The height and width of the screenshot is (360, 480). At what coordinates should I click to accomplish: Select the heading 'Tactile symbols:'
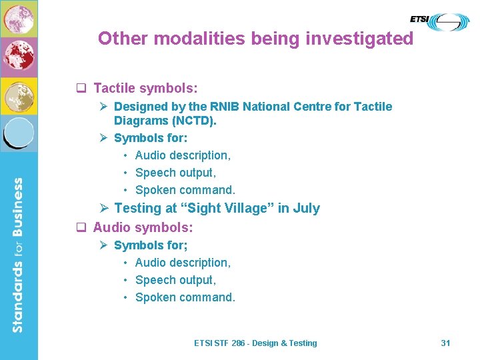pos(145,88)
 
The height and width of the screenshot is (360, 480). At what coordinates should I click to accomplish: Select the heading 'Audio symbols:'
pos(143,227)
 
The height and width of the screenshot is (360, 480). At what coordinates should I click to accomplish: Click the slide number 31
pos(445,343)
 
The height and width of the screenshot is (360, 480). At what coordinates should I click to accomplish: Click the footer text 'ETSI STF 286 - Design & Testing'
pos(255,343)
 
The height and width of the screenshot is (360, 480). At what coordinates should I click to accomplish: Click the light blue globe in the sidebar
pos(19,133)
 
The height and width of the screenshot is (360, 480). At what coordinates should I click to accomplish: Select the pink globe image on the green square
pos(19,19)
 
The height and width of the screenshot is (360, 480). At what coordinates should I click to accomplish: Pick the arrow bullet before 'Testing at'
pos(103,208)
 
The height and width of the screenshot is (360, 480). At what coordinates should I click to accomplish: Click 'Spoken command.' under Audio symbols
pos(185,297)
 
